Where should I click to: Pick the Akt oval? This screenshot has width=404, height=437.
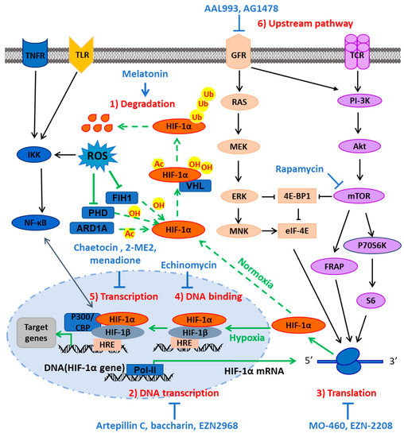pyautogui.click(x=351, y=146)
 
